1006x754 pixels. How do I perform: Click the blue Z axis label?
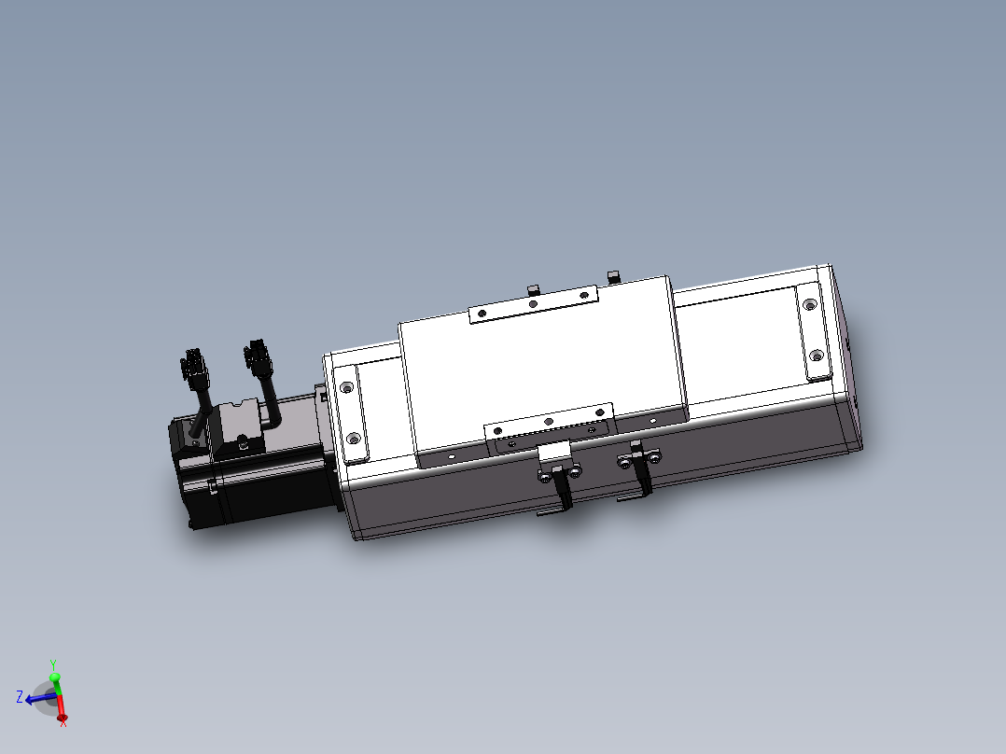[19, 696]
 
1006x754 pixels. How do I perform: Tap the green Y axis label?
[53, 664]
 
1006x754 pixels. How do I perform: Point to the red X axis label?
[63, 724]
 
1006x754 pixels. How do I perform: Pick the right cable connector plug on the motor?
[254, 356]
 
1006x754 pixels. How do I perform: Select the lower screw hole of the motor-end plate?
[353, 438]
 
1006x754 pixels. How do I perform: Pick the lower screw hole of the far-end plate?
[816, 356]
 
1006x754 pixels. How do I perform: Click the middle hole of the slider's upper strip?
[532, 303]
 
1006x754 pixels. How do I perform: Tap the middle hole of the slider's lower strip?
[549, 422]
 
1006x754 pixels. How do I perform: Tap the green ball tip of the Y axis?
[54, 677]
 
